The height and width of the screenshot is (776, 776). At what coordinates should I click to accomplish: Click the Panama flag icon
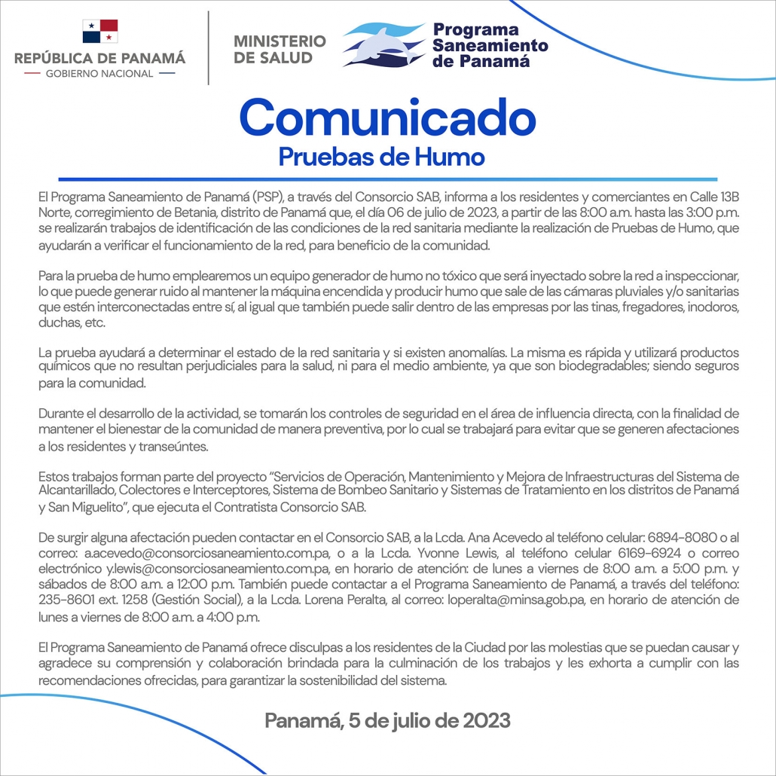click(99, 32)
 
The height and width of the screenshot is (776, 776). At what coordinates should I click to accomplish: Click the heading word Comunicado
click(387, 118)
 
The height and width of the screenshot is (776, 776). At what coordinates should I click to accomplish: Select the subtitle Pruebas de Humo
click(381, 157)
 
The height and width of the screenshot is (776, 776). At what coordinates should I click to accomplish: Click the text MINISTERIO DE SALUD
click(280, 49)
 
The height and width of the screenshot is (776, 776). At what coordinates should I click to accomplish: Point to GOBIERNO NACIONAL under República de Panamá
click(99, 74)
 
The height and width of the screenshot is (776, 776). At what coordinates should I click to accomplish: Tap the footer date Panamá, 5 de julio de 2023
click(387, 720)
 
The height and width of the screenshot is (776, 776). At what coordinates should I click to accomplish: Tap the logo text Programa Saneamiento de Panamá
click(490, 45)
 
